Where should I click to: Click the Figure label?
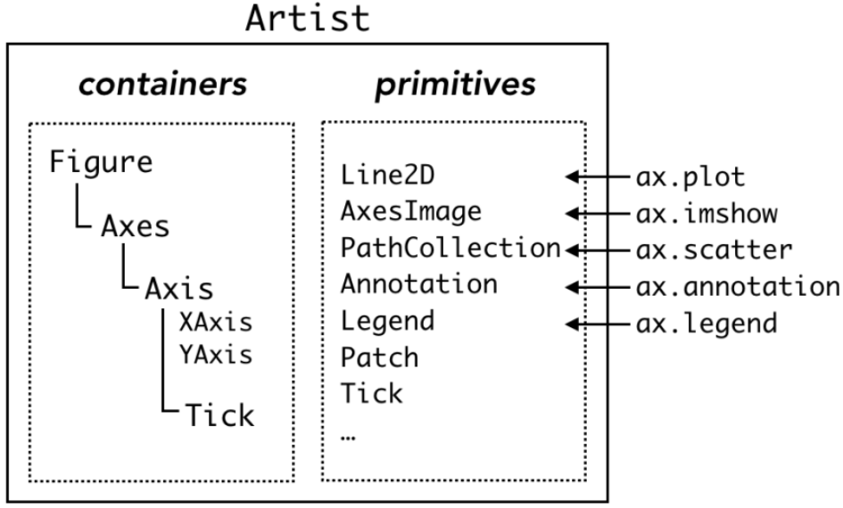click(x=101, y=163)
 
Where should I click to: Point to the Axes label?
click(x=135, y=226)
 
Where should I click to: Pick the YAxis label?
click(x=215, y=354)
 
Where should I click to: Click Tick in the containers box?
click(x=219, y=414)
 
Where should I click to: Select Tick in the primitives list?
click(x=371, y=393)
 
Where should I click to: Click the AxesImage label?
click(x=410, y=212)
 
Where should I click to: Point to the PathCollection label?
click(x=449, y=249)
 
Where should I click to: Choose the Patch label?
click(x=379, y=356)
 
